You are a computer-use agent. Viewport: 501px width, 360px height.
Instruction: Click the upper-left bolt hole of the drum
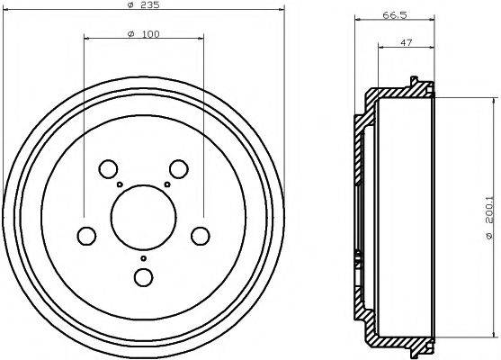108,168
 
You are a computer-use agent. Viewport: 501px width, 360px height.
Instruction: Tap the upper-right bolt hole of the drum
179,168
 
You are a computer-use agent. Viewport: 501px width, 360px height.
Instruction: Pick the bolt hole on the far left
86,236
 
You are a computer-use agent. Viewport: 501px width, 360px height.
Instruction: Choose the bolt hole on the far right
200,236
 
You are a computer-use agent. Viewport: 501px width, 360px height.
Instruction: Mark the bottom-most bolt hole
142,276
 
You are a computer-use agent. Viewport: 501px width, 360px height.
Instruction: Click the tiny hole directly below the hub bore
142,257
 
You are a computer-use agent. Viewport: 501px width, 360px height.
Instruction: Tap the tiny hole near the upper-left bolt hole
119,184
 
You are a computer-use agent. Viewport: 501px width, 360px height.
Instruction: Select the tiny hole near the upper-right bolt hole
167,184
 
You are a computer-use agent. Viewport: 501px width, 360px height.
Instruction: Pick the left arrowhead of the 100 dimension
86,39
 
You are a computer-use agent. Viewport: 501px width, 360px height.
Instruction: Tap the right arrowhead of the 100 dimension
200,39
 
